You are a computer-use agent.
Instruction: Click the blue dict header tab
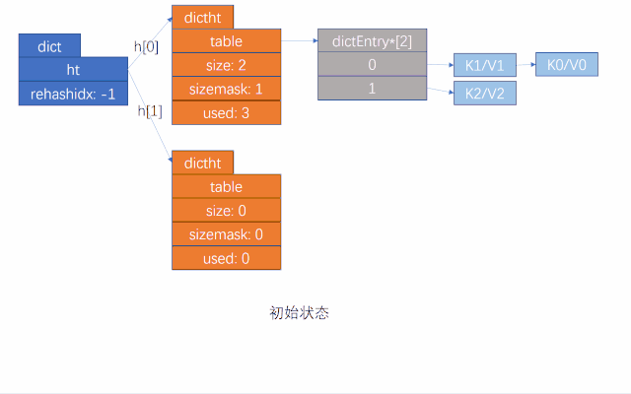[49, 46]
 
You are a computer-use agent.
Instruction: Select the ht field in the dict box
[73, 70]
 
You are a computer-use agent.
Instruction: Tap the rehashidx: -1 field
[73, 95]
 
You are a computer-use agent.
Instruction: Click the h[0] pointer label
[146, 46]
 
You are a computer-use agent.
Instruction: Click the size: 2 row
[226, 65]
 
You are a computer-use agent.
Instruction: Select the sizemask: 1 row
[226, 89]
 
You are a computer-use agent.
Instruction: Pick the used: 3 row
[226, 112]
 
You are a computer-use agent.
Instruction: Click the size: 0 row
[226, 211]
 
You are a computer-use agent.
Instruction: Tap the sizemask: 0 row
[226, 234]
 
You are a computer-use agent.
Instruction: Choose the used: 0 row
[226, 258]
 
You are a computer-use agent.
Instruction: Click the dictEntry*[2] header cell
[373, 41]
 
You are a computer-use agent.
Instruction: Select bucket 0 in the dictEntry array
[373, 65]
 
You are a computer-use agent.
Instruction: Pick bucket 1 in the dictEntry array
[373, 89]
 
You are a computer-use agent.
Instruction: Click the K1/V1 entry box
[484, 67]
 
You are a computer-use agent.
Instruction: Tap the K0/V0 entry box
[567, 65]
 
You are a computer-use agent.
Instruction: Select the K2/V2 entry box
[484, 94]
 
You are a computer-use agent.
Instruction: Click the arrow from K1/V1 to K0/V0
[526, 66]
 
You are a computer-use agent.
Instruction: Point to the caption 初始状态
[299, 313]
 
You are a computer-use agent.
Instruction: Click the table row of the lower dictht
[226, 187]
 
